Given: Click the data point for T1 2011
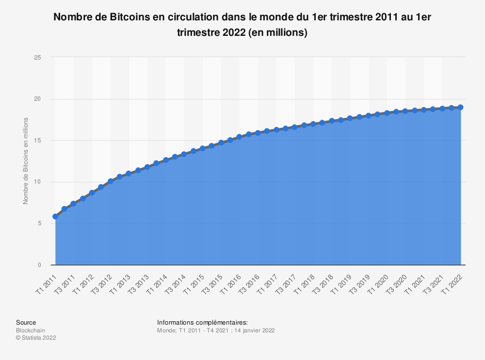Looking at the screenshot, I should point(55,217).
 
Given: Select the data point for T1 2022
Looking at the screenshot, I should point(461,107).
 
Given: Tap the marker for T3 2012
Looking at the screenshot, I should point(111,181).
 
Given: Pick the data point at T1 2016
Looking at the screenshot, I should point(240,137).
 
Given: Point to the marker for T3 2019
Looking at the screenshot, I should point(369,115).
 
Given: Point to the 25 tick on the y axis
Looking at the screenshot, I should point(38,58).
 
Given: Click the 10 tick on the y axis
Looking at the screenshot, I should point(38,182).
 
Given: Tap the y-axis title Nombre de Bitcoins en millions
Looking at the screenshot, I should point(26,160).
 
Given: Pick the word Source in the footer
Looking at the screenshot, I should point(26,322).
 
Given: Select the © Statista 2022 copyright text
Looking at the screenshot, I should point(36,338).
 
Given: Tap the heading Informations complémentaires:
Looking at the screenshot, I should point(202,322).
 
